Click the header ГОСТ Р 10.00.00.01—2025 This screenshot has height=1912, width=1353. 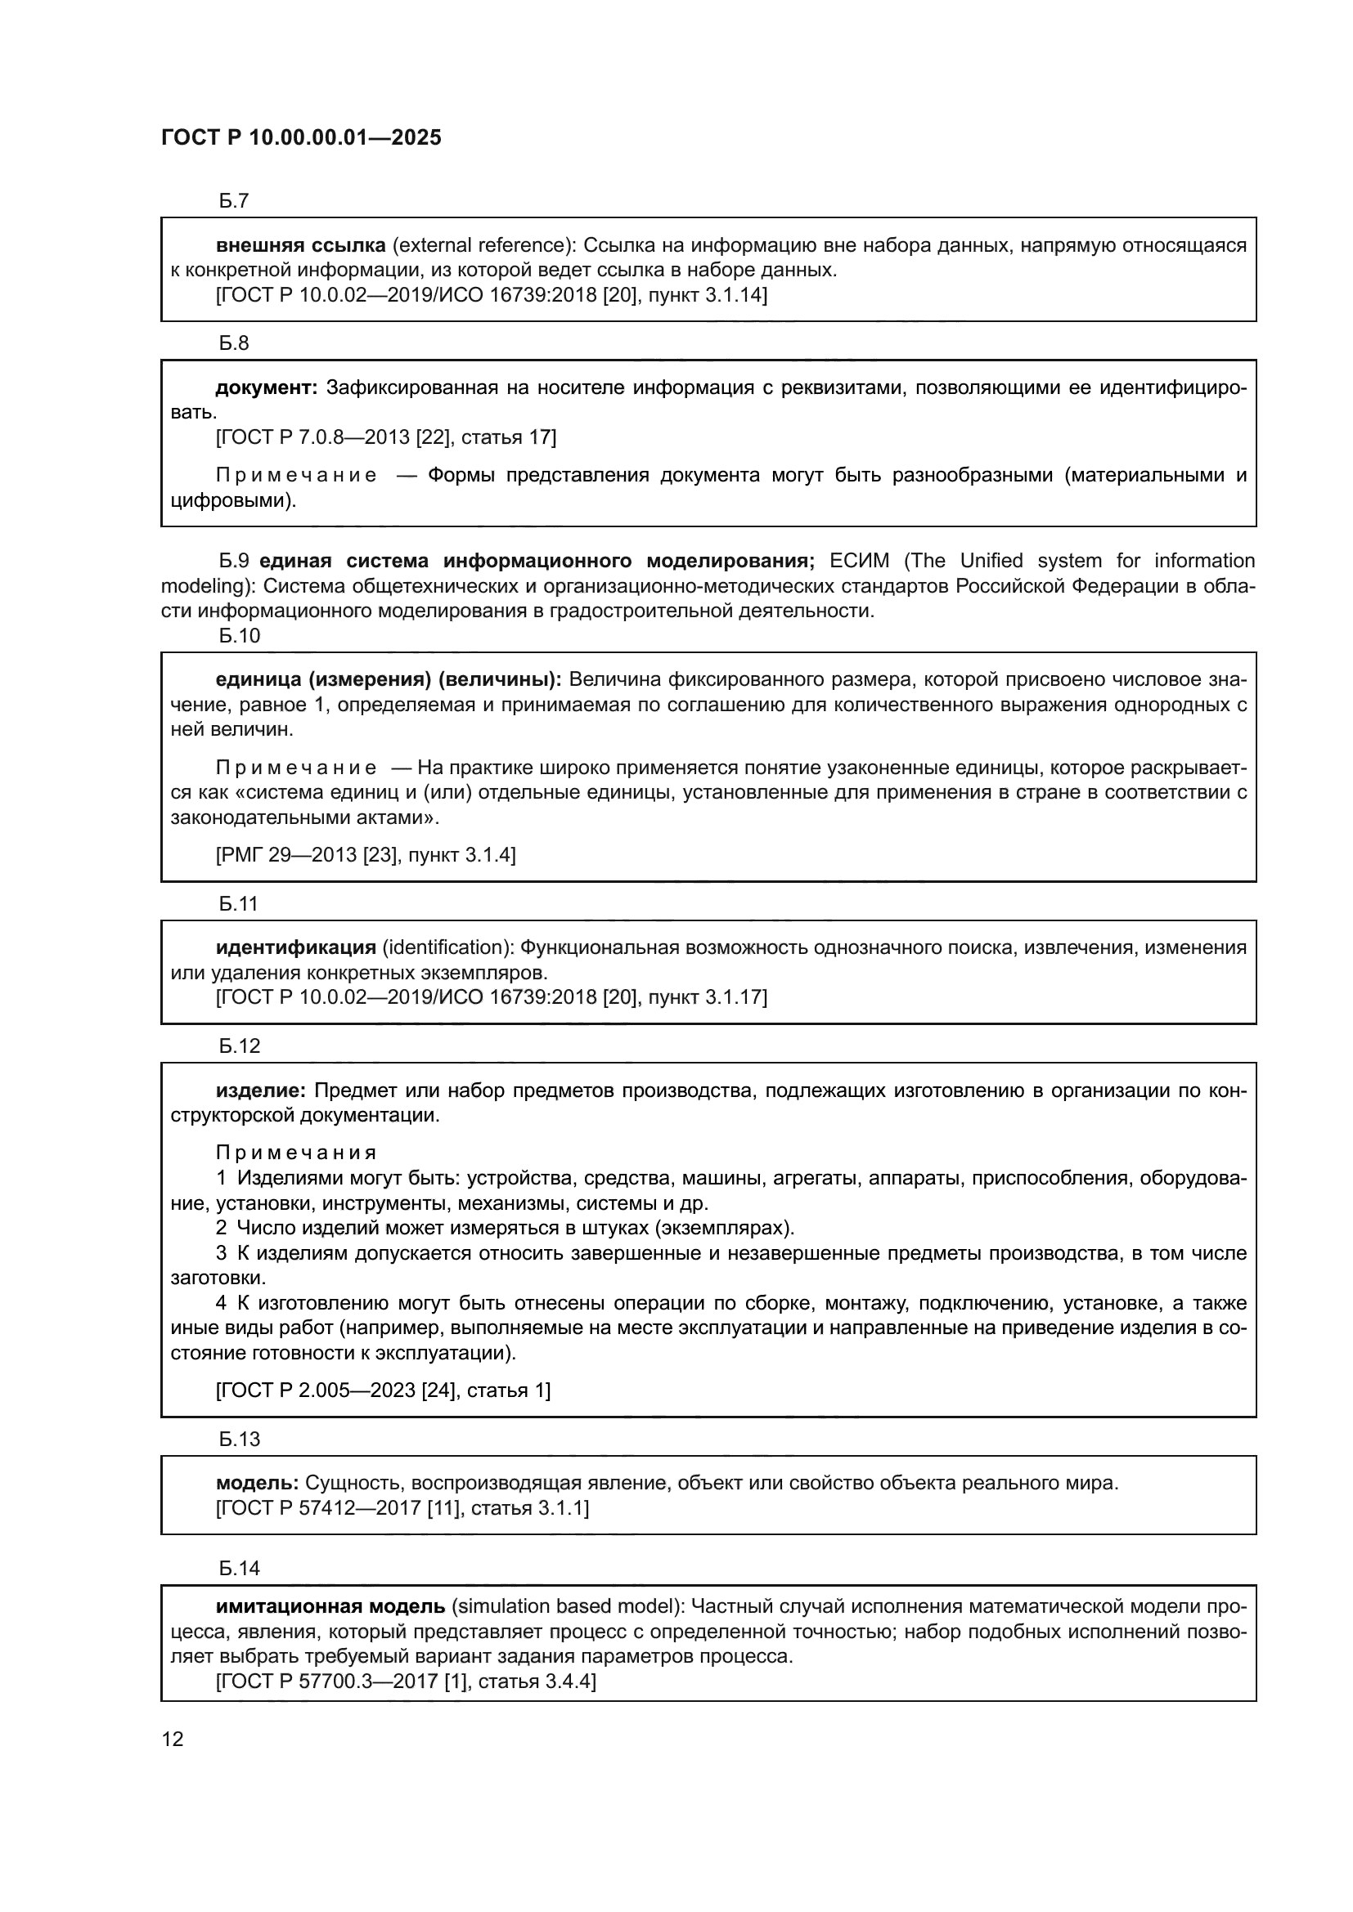[301, 138]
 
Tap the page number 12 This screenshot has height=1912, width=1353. [173, 1739]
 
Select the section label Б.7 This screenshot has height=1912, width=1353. [234, 201]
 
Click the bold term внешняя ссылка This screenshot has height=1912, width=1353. [301, 245]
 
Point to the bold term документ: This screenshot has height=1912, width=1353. [267, 387]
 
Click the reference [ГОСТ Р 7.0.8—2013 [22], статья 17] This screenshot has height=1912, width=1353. [386, 437]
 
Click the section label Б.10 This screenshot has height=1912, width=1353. [240, 635]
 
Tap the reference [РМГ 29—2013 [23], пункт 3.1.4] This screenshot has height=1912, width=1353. [366, 854]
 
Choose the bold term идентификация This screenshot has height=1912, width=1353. [296, 947]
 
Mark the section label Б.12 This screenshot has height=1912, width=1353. [240, 1046]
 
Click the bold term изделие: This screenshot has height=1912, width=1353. [262, 1090]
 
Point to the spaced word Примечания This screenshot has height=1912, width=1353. [296, 1153]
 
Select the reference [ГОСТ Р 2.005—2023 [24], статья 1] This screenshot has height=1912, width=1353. [383, 1390]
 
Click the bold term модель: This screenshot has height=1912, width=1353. [258, 1482]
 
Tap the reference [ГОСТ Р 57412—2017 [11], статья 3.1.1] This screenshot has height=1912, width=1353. [402, 1508]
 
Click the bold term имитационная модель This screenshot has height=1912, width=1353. [330, 1606]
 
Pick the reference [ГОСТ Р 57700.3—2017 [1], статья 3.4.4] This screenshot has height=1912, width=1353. [406, 1681]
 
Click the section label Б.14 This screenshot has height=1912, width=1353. [240, 1568]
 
